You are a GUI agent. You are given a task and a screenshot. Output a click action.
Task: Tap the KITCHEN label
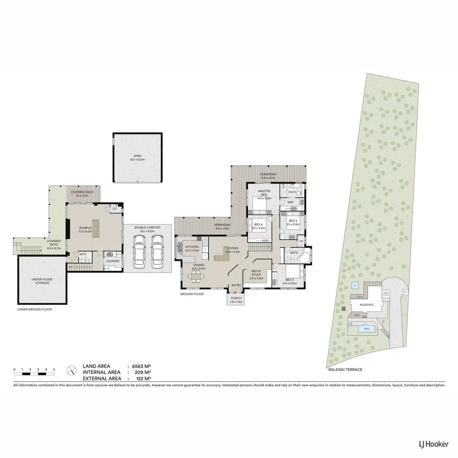pyautogui.click(x=192, y=246)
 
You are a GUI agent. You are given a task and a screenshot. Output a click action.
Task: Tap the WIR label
pyautogui.click(x=290, y=202)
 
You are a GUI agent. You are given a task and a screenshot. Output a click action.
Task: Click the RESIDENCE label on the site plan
pyautogui.click(x=367, y=305)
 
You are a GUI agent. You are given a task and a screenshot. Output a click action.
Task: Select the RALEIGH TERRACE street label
pyautogui.click(x=345, y=369)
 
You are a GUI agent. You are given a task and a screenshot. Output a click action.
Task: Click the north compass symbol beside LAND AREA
pyautogui.click(x=71, y=370)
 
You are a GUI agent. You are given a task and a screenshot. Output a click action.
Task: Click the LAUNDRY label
pyautogui.click(x=113, y=261)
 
